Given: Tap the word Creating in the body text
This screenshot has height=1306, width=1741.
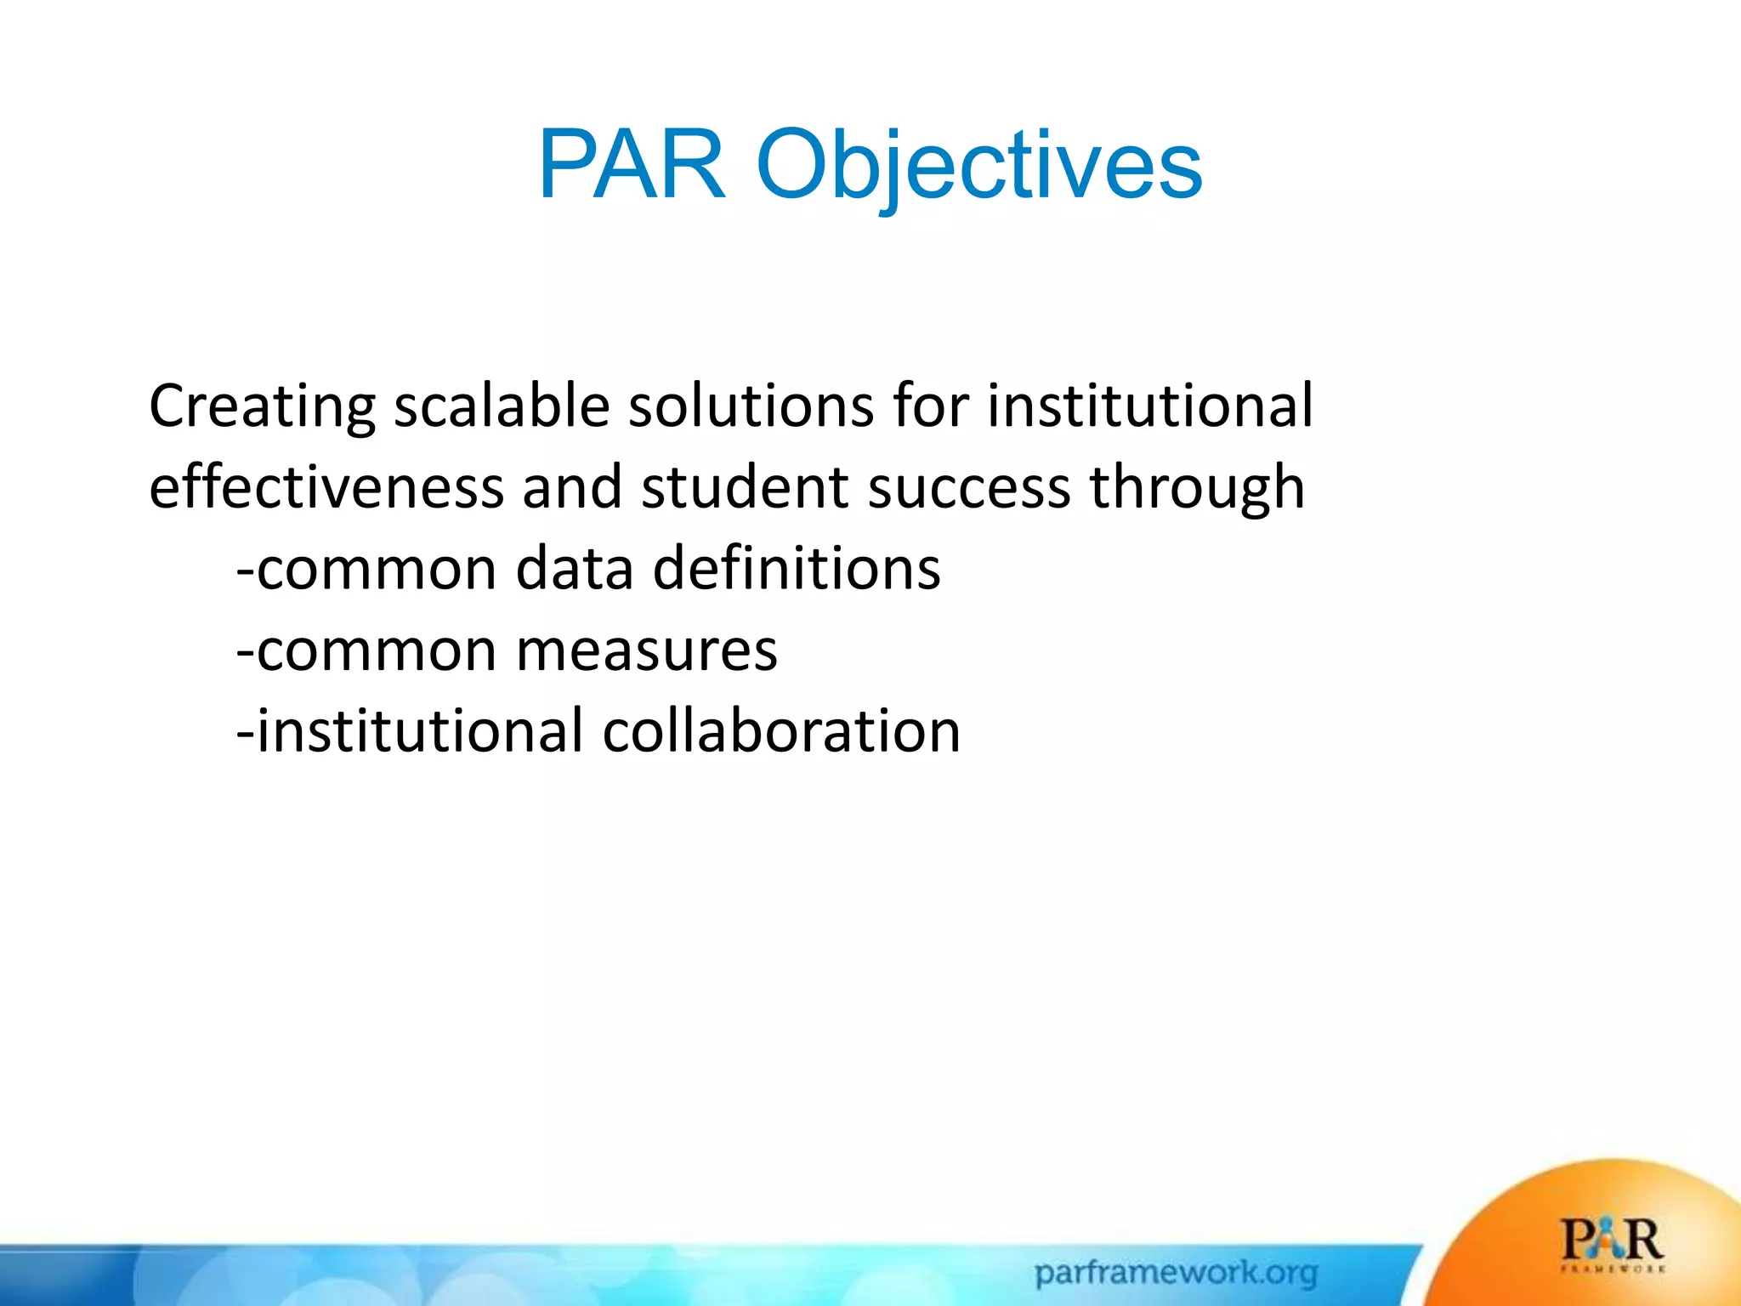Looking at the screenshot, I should point(262,406).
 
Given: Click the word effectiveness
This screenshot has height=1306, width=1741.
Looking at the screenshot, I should point(326,487).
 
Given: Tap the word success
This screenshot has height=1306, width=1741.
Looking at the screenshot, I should point(968,487).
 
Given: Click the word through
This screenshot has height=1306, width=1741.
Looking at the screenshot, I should point(1197,487).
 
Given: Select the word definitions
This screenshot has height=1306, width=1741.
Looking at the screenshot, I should point(797,568).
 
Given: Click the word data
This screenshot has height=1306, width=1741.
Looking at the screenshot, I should point(575,568).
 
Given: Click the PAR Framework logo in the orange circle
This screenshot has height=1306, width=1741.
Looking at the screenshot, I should point(1612,1244).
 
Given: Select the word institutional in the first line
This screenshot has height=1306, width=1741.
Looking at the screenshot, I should point(1150,406).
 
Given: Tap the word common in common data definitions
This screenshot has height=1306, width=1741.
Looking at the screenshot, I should point(377,568).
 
